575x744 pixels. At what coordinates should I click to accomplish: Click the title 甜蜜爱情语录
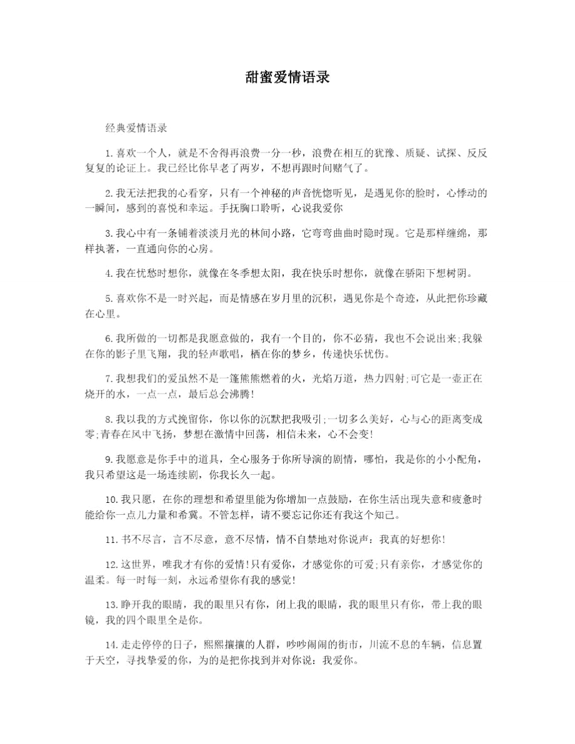[287, 78]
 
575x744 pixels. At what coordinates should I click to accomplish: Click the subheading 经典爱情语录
[136, 128]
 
